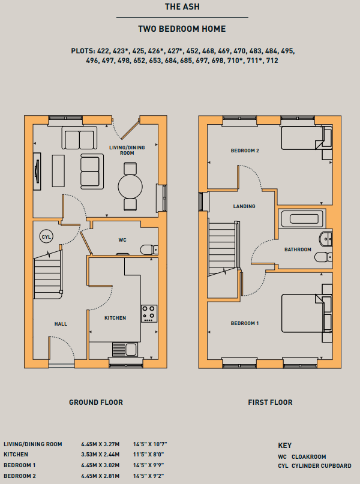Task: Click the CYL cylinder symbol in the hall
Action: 46,237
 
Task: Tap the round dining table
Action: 130,187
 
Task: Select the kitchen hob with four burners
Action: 149,314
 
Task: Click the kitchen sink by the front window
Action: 125,350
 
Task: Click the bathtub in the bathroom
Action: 302,218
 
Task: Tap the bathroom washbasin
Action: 326,239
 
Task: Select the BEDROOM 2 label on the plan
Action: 245,151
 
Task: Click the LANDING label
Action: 244,206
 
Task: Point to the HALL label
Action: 61,324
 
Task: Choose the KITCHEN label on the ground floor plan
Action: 115,318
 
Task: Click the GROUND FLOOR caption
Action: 96,402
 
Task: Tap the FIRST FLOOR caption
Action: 270,402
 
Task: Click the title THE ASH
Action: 182,7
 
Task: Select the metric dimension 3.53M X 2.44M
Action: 100,455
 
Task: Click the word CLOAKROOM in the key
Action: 309,457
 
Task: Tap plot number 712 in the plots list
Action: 272,61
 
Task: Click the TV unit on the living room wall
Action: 37,172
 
